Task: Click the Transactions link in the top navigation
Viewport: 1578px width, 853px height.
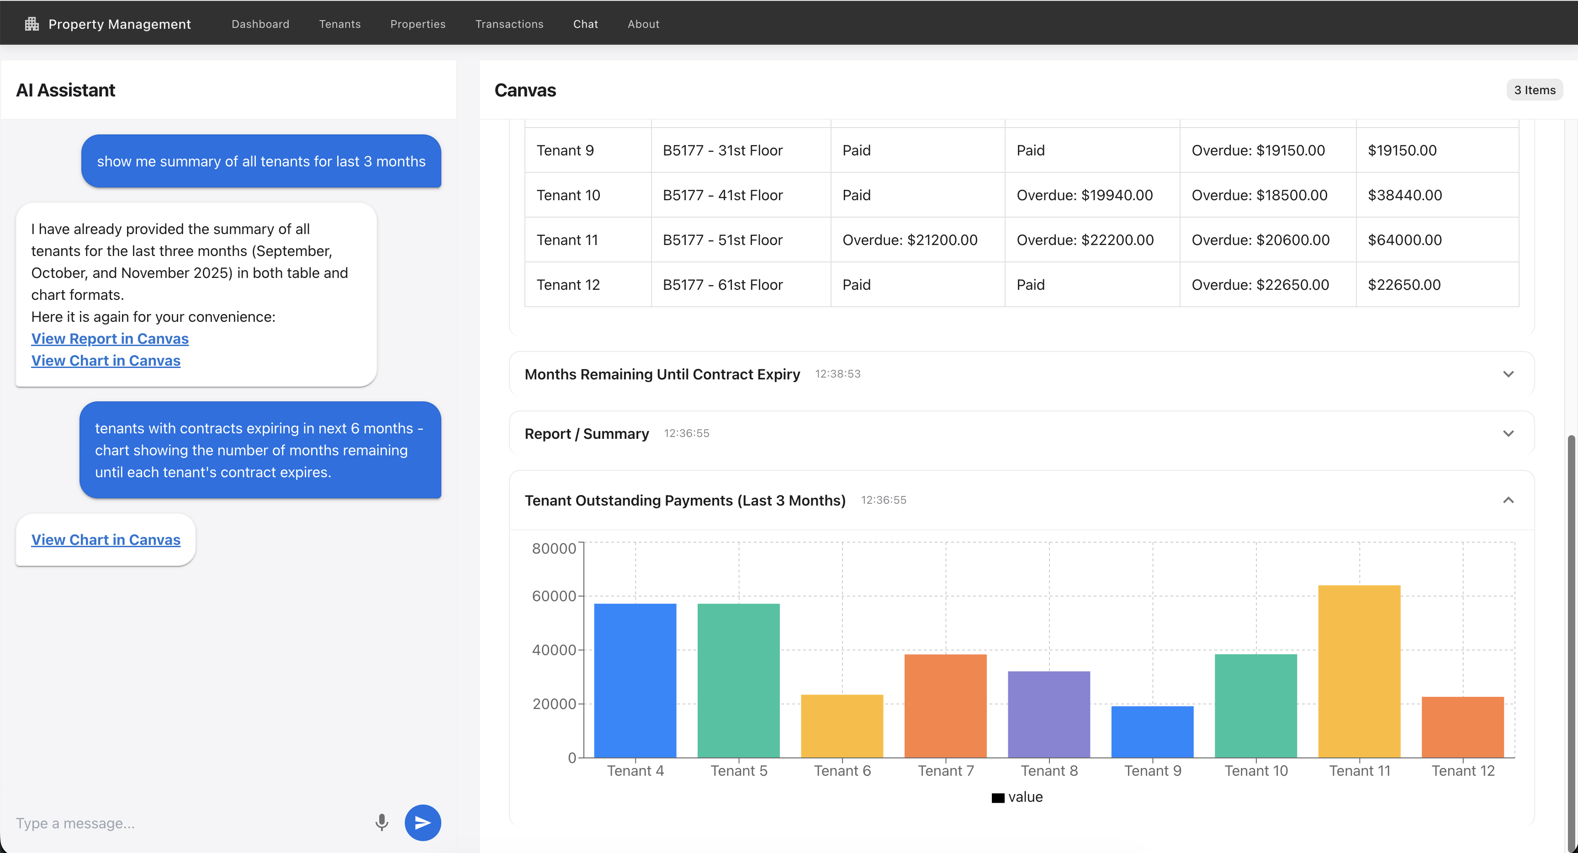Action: tap(509, 24)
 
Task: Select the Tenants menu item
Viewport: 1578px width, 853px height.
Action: tap(339, 24)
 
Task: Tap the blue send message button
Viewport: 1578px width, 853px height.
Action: tap(423, 822)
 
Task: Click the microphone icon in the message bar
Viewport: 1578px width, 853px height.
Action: tap(381, 822)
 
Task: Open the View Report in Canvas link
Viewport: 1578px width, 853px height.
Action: tap(110, 339)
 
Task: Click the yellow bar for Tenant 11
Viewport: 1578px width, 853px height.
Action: tap(1359, 671)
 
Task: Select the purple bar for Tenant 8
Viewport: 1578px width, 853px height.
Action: tap(1049, 714)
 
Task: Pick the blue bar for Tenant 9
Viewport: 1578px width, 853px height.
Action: tap(1152, 732)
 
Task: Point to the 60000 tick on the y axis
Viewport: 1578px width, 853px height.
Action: tap(554, 596)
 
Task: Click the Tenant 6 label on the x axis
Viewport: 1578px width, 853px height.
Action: tap(842, 771)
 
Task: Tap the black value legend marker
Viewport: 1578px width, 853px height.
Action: tap(998, 797)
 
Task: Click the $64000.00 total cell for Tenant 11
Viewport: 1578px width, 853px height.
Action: tap(1405, 240)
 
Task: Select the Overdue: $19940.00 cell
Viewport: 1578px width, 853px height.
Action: tap(1084, 195)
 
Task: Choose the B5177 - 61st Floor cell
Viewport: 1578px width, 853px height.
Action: tap(722, 284)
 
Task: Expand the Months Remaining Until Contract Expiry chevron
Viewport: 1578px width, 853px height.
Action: tap(1508, 374)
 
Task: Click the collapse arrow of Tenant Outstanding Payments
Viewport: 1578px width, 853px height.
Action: tap(1508, 500)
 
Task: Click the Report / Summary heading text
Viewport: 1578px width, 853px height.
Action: tap(586, 434)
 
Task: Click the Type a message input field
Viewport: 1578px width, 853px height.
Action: tap(184, 823)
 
